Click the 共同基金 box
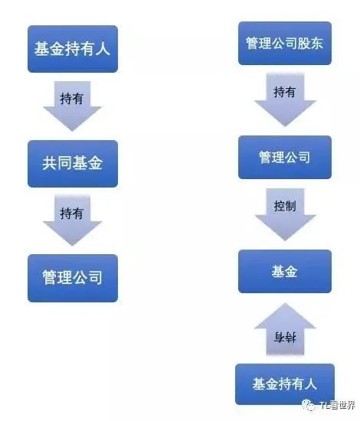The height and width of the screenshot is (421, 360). click(73, 164)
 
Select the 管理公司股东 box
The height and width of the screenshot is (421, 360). click(285, 43)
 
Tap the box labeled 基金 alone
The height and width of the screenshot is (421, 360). click(285, 271)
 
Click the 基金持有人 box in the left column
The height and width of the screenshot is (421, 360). click(73, 49)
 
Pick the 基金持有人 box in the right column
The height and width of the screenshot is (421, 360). click(285, 384)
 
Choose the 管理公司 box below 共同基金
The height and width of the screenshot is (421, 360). click(73, 278)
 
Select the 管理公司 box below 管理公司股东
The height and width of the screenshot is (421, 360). click(285, 157)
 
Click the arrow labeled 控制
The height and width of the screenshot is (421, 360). click(285, 214)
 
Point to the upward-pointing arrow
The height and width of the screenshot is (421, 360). click(285, 329)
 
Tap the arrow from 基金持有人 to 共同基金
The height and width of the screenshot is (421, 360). click(72, 106)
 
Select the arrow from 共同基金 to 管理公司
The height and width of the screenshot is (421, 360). click(72, 220)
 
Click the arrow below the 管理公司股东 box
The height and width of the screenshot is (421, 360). click(285, 100)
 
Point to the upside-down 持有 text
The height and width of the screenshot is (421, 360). click(285, 338)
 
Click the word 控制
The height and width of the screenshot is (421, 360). click(285, 206)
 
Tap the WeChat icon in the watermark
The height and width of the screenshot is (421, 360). click(309, 405)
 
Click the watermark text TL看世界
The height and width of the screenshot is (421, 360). click(338, 405)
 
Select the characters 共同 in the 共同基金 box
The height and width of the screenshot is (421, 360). click(57, 163)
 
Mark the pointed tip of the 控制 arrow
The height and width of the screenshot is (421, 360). click(285, 240)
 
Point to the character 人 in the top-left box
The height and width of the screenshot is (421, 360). click(103, 49)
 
